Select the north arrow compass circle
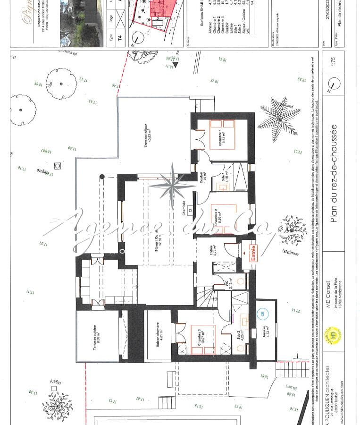333,84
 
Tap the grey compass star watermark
174,184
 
